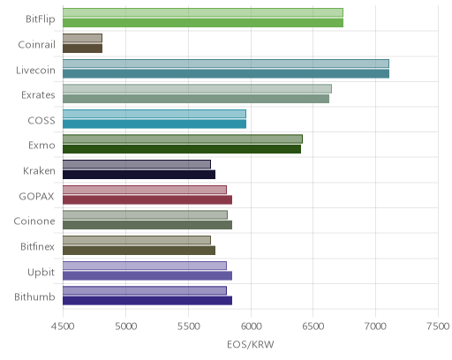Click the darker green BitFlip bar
(203, 23)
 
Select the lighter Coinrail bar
(82, 38)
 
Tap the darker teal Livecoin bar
(226, 73)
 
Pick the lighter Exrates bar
(197, 88)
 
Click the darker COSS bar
(154, 124)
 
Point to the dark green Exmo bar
(182, 149)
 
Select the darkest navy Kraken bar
(139, 175)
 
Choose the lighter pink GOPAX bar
(145, 190)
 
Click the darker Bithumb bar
(147, 301)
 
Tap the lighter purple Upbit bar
(145, 266)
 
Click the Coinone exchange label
(34, 221)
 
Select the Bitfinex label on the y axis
(37, 246)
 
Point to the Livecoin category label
(35, 70)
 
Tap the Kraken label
(39, 170)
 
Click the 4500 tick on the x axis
(63, 326)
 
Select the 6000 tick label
(251, 326)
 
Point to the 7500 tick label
(438, 326)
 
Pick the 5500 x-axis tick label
(188, 326)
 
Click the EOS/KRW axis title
(251, 344)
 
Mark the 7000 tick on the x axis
(375, 326)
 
